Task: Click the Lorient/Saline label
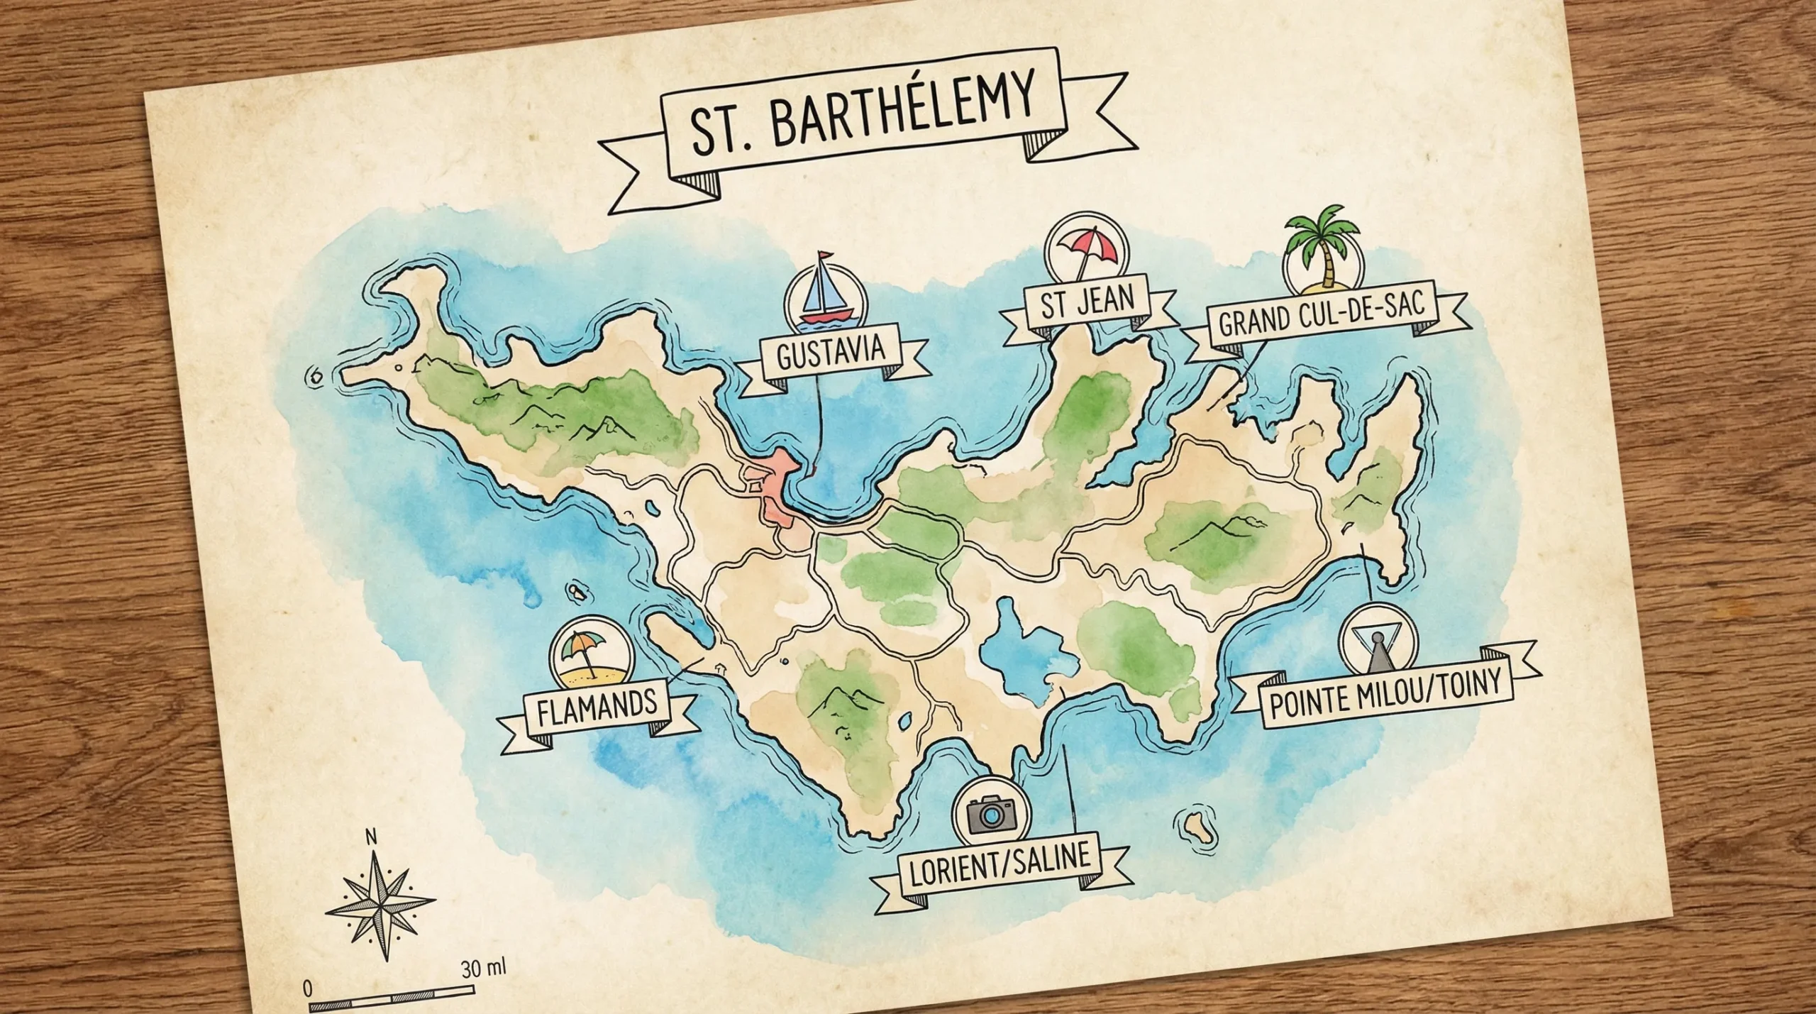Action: (x=1000, y=870)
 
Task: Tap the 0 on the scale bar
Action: (x=307, y=988)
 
